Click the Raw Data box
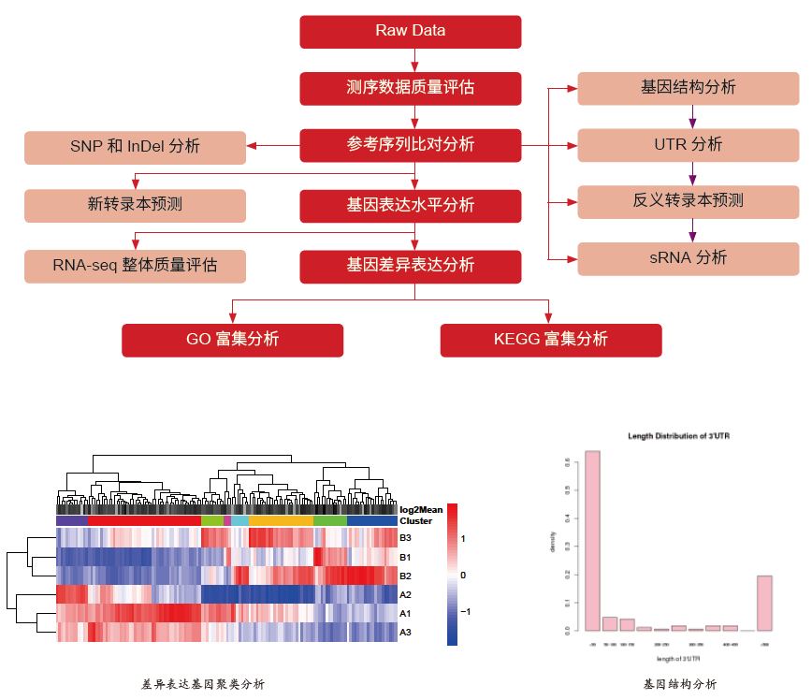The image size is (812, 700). (410, 31)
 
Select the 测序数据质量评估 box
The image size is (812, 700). (410, 88)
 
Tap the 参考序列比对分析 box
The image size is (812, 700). (410, 145)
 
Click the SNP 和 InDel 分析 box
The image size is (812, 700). (135, 146)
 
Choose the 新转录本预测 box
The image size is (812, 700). (135, 205)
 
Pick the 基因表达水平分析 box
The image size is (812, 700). (410, 205)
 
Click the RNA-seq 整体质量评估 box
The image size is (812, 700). (135, 265)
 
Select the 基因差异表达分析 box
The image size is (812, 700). (410, 265)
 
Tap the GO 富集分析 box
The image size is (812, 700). (232, 340)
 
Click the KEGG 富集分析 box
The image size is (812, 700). (550, 340)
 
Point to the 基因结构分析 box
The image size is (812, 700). (688, 88)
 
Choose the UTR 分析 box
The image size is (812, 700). (688, 145)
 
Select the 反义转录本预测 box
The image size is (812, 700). (688, 201)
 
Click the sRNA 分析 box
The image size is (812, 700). (688, 258)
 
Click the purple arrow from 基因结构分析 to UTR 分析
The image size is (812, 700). (692, 116)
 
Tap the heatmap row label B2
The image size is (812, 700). (405, 576)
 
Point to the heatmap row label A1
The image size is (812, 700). (405, 614)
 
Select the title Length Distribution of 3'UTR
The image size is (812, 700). (680, 437)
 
